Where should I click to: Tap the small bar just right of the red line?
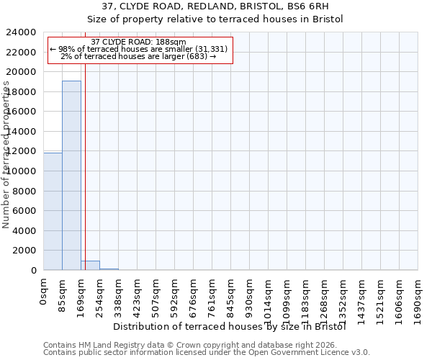(x=91, y=266)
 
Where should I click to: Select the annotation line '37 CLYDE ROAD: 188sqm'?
(x=140, y=42)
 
